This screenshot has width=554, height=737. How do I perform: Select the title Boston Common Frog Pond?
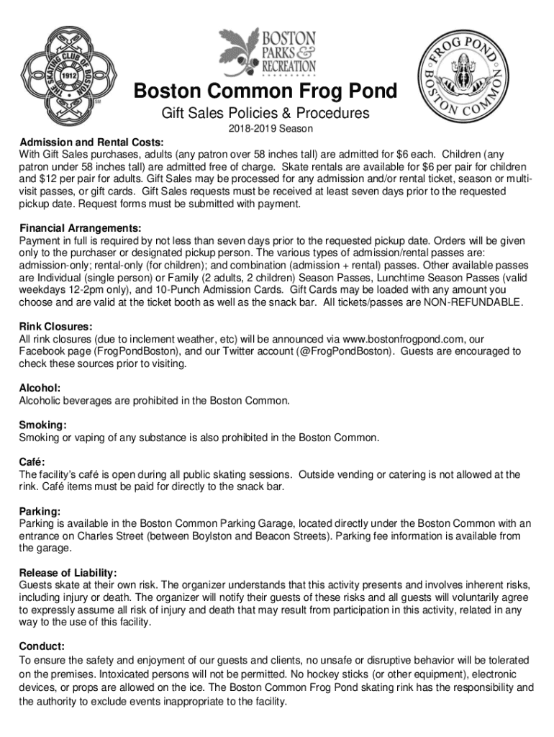pos(265,92)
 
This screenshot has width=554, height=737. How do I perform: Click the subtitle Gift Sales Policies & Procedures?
pos(265,113)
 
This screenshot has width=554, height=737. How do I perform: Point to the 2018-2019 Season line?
pos(265,130)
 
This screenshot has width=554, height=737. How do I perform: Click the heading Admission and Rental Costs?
pos(91,142)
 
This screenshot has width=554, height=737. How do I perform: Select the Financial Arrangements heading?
pos(80,228)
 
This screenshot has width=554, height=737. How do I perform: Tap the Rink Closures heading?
pos(55,326)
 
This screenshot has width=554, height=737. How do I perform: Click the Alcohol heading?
pos(40,388)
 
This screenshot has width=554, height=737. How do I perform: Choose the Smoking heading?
pos(43,425)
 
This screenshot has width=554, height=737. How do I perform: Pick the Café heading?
pos(34,462)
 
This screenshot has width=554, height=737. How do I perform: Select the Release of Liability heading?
pos(68,573)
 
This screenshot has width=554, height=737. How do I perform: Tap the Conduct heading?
pos(42,646)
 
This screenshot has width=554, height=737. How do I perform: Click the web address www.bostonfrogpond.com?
pos(404,338)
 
